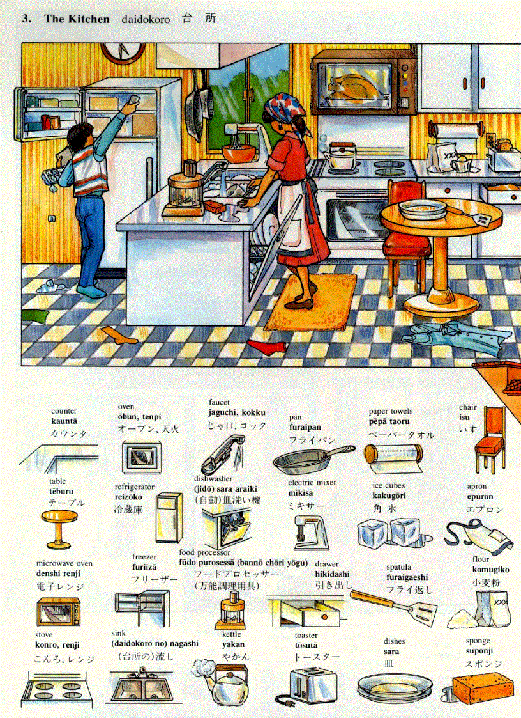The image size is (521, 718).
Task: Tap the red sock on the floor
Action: tap(267, 347)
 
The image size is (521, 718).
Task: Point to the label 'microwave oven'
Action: tap(64, 563)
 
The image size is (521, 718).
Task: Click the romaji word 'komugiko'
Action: tap(490, 570)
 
